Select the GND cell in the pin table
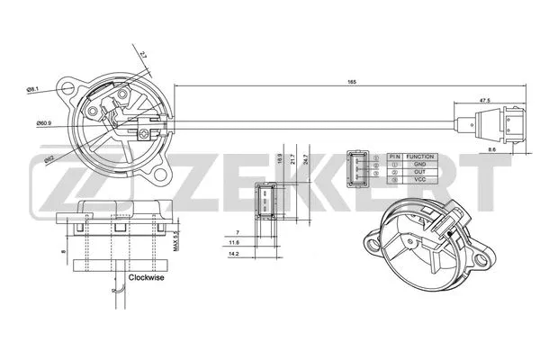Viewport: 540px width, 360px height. [x=420, y=164]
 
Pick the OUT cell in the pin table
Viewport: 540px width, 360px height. [x=420, y=172]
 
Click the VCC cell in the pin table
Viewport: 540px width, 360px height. [x=420, y=180]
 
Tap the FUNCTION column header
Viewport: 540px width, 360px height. [x=420, y=156]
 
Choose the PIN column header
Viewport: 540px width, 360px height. [x=394, y=156]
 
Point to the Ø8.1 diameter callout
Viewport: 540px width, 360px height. [x=33, y=89]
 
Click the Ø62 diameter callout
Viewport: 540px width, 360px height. [x=52, y=158]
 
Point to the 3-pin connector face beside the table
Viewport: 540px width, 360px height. [x=357, y=166]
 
